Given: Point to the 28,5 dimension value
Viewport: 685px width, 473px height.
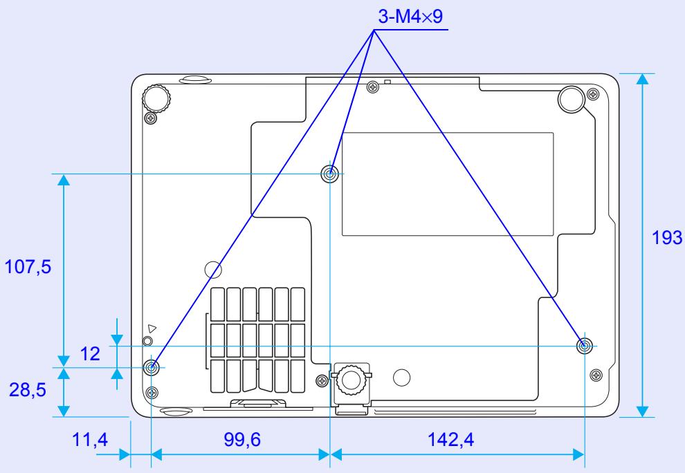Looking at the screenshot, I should [27, 391].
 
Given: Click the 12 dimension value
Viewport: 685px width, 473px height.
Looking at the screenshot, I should [89, 354].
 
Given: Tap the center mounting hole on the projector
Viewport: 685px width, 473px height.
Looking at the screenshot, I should [331, 174].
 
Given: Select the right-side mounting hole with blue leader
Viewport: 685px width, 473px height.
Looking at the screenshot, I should [585, 345].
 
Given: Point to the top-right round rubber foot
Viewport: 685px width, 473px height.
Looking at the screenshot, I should [572, 98].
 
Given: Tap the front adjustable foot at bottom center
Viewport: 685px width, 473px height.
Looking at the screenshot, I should [351, 380].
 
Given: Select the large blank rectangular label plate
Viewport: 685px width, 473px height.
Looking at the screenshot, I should [448, 182].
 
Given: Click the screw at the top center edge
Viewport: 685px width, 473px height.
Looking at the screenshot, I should [374, 86].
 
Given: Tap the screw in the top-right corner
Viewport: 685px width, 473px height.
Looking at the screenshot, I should [592, 94].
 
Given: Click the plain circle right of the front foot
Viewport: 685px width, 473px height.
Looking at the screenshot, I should [401, 378].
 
